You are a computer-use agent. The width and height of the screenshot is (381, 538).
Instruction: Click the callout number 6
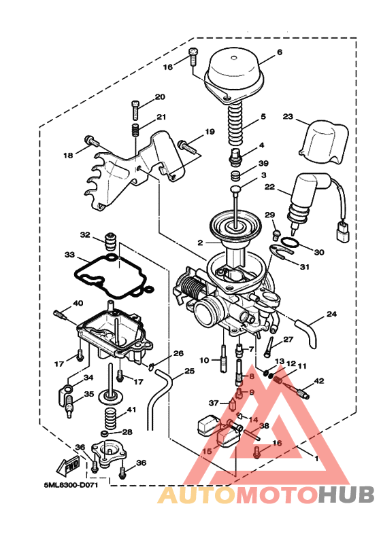click(x=280, y=52)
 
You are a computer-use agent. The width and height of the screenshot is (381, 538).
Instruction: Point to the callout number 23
click(x=288, y=117)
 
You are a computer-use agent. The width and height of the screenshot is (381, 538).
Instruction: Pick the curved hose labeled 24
click(x=310, y=328)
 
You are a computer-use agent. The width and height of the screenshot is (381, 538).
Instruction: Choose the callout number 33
click(x=70, y=255)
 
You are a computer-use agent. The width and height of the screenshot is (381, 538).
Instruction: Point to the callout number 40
click(x=78, y=303)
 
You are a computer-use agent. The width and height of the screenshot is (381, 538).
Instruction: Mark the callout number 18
click(x=68, y=156)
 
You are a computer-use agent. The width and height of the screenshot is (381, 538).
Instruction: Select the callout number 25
click(x=189, y=372)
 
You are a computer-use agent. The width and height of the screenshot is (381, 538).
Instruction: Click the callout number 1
click(x=315, y=458)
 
